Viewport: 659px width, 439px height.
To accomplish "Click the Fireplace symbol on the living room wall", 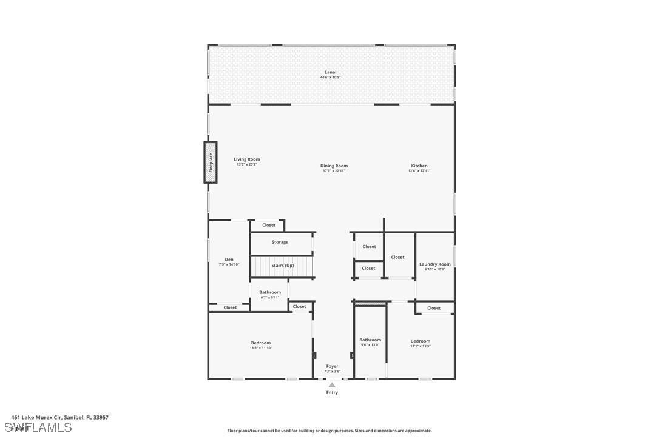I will [x=211, y=163].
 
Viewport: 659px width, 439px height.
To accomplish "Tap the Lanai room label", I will [x=330, y=72].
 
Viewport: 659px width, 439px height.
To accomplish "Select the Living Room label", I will [x=246, y=159].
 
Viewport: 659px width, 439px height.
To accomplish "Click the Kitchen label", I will [x=419, y=166].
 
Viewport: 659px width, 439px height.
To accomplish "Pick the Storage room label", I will [x=280, y=242].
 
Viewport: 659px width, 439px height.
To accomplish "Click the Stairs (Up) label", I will [x=282, y=266].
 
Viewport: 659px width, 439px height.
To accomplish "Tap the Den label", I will [x=229, y=260].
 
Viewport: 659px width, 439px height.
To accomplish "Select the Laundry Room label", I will [x=435, y=264].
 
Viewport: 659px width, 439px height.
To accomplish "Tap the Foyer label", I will [x=332, y=366].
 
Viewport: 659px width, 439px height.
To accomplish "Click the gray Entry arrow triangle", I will [x=332, y=384].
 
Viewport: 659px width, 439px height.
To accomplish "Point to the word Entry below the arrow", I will [x=332, y=393].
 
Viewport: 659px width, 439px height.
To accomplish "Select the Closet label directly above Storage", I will [x=269, y=225].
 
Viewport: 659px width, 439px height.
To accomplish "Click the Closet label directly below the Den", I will [x=230, y=307].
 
